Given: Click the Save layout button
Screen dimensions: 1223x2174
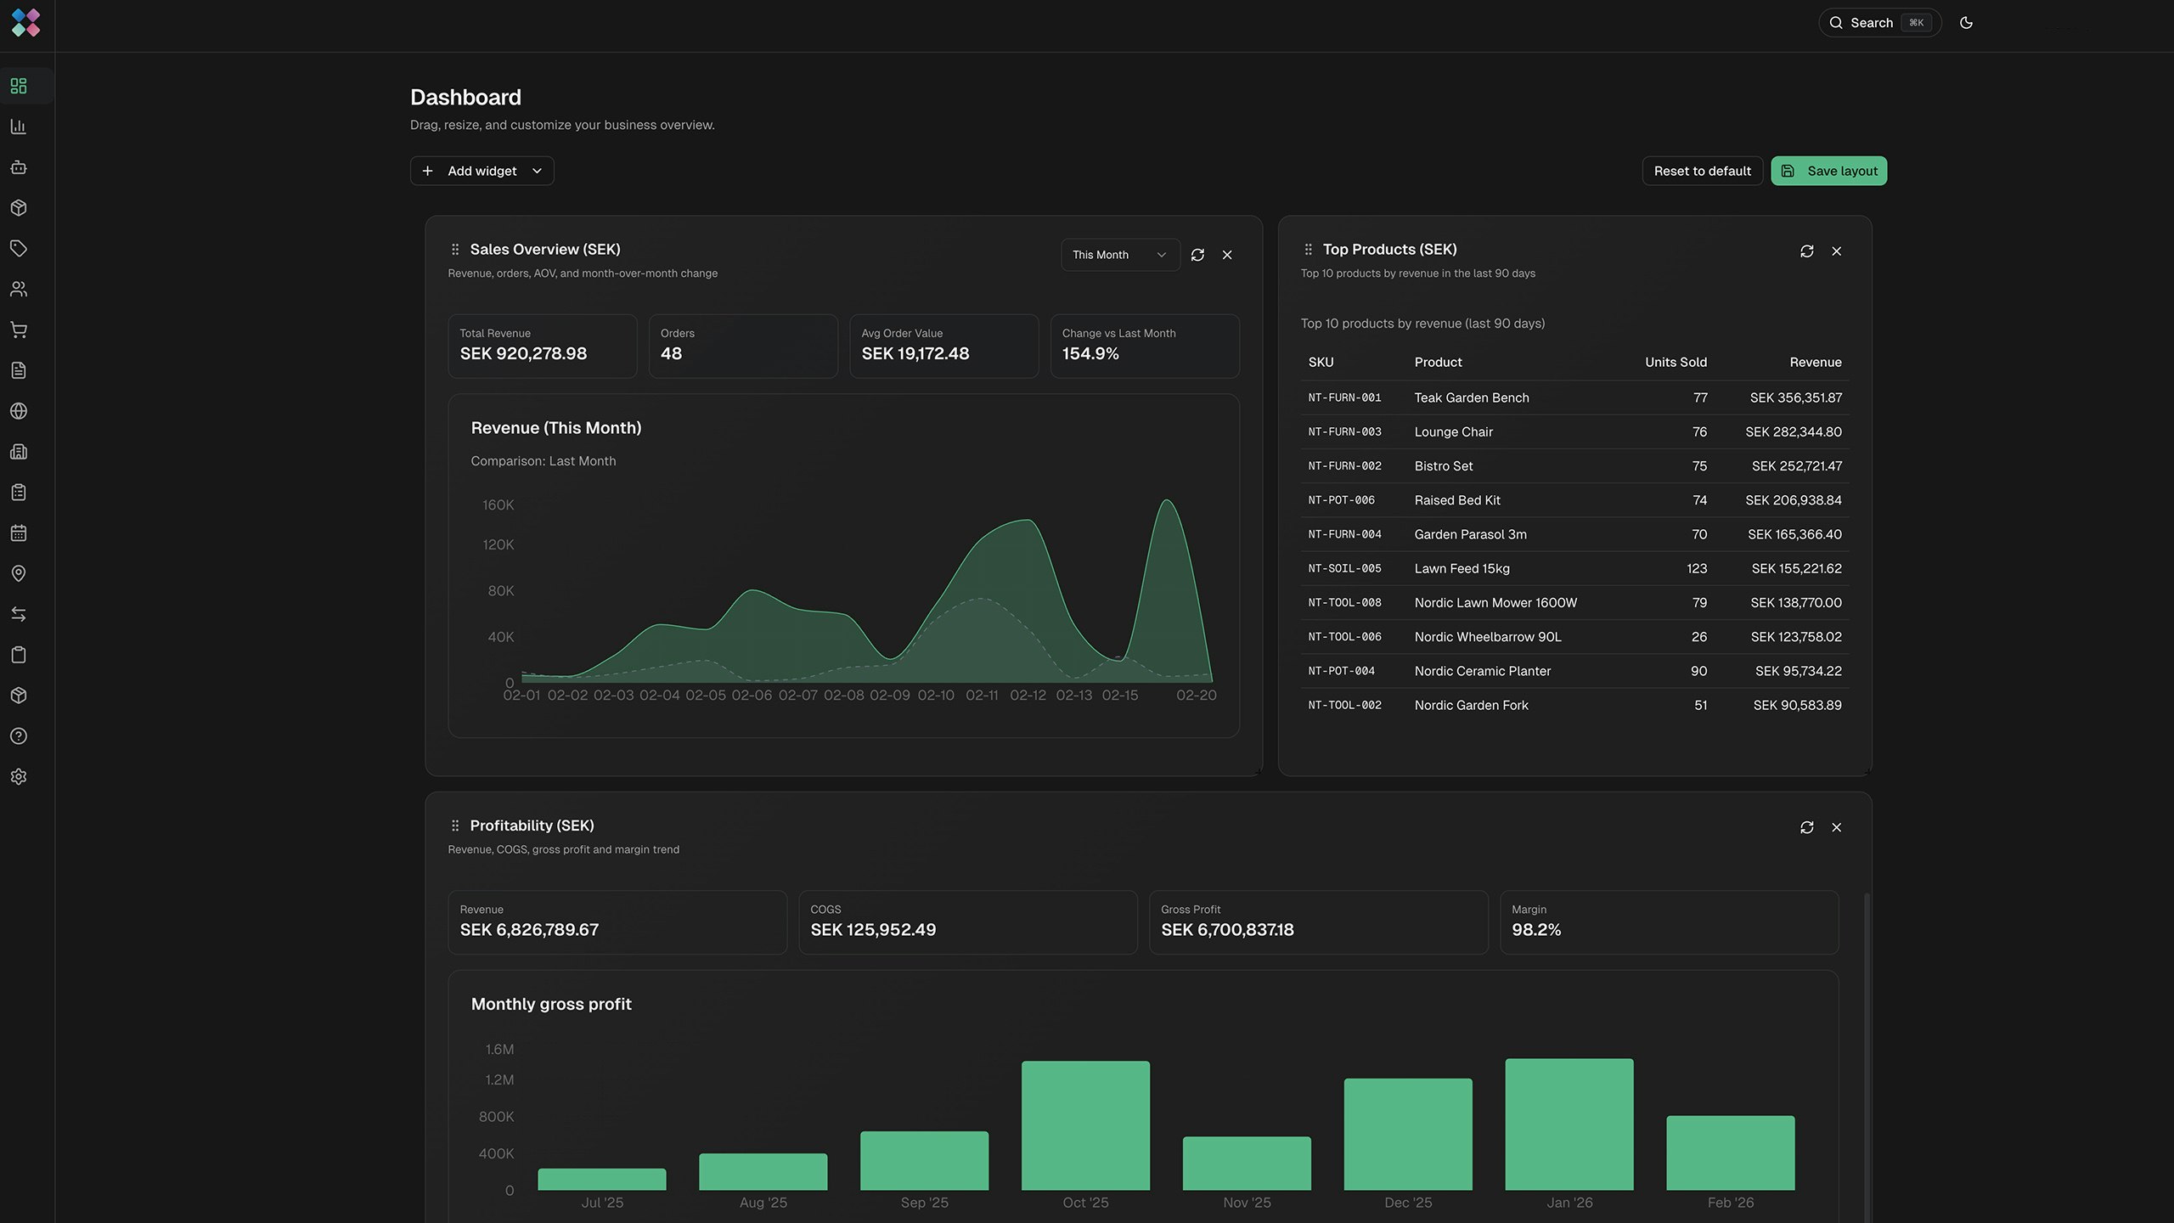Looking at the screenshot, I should (x=1828, y=171).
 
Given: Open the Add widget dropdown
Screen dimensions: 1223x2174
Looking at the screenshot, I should (x=482, y=171).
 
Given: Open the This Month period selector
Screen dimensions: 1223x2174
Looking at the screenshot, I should (x=1119, y=255).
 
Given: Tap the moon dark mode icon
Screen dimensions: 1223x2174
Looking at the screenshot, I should (x=1966, y=23).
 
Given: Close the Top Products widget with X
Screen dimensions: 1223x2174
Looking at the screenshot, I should (x=1836, y=251).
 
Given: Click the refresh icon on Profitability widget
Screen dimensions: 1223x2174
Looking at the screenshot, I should (x=1806, y=827).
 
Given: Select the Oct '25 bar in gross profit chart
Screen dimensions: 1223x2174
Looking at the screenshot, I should (x=1085, y=1124).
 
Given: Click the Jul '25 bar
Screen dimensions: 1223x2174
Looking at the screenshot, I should (x=601, y=1179).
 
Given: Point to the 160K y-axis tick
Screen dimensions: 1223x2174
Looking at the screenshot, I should (x=498, y=505).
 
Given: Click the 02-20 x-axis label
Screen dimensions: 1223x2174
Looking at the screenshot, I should (x=1196, y=696).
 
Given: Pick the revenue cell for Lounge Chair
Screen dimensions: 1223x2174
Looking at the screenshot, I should (x=1793, y=432).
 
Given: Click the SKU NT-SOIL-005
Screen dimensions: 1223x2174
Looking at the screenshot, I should (x=1344, y=569).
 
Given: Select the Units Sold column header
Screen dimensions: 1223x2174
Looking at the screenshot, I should (x=1675, y=363).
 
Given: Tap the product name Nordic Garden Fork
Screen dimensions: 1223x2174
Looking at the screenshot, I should (x=1471, y=706).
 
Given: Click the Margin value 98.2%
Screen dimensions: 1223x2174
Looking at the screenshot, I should (x=1535, y=930).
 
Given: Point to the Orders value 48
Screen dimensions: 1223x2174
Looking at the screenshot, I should (x=671, y=354).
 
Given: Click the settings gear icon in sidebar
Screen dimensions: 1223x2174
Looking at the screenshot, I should (x=19, y=777).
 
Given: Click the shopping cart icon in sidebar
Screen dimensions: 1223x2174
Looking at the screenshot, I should (x=19, y=330).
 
